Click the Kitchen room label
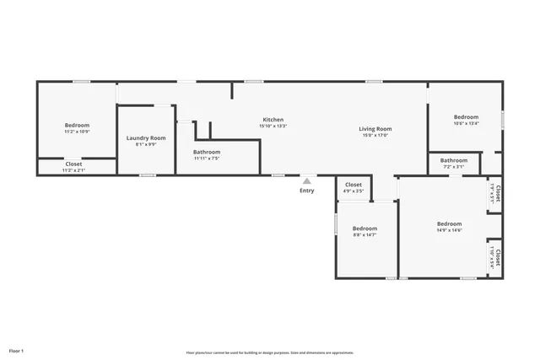(x=273, y=120)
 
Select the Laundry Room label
(x=146, y=137)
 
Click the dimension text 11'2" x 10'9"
(x=77, y=132)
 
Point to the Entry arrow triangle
(x=307, y=180)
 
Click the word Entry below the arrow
(x=307, y=191)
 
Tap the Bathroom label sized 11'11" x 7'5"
(x=207, y=152)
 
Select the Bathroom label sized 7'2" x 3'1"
(x=454, y=160)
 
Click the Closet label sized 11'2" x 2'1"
(x=74, y=164)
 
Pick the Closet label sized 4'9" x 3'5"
(x=354, y=185)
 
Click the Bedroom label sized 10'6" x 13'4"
(x=466, y=117)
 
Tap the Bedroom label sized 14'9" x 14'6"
(x=449, y=223)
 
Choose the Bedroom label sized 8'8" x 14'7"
(x=364, y=228)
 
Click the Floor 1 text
(x=17, y=350)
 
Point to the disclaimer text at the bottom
(x=270, y=352)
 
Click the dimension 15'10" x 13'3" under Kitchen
(x=273, y=126)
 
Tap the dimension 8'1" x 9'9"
(x=146, y=144)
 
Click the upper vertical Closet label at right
(x=498, y=196)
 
